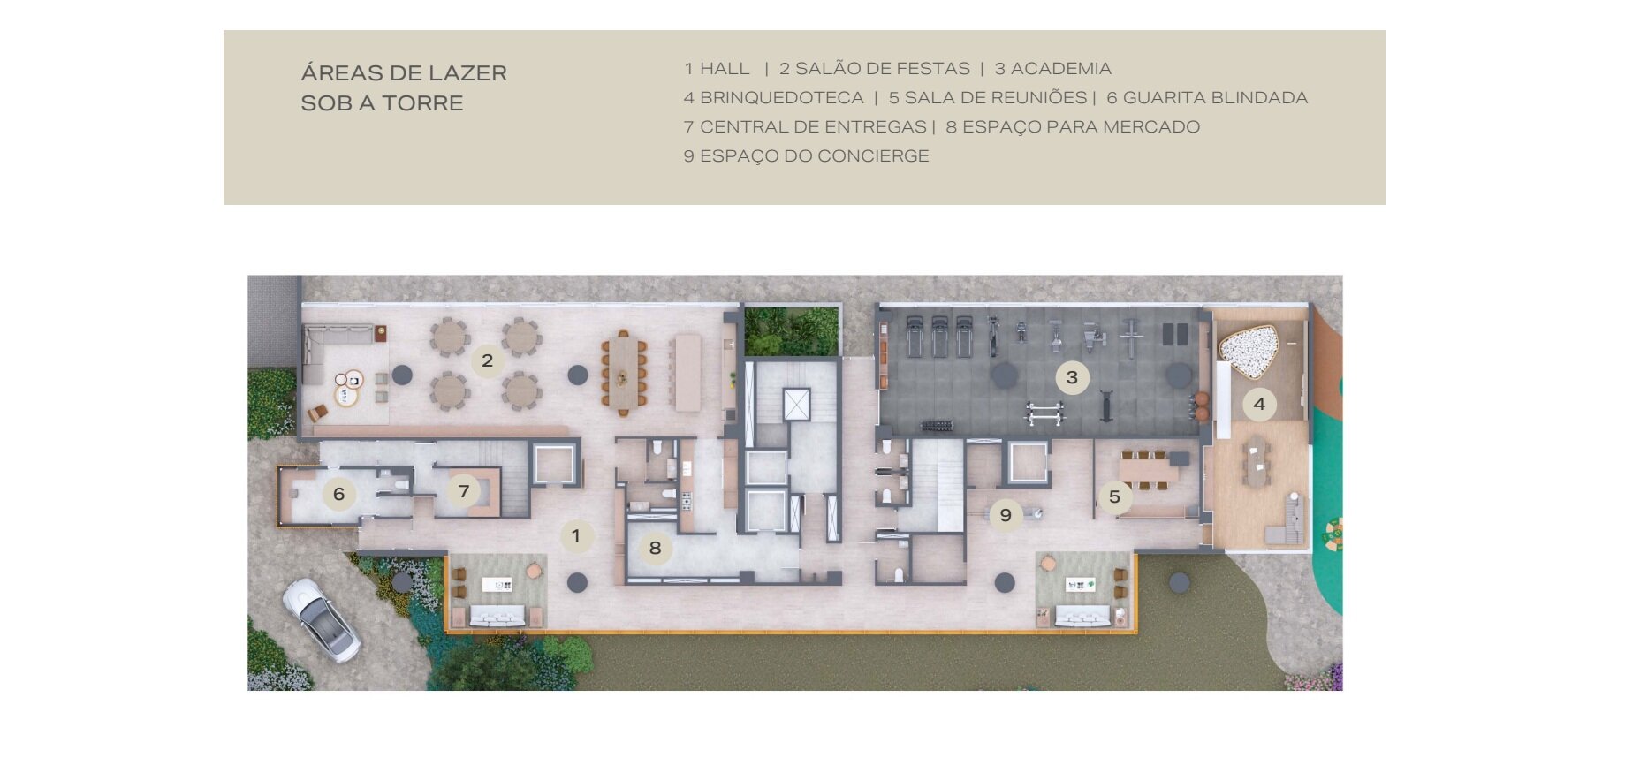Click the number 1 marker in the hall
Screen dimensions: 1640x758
pyautogui.click(x=576, y=535)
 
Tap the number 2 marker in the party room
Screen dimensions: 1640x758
pyautogui.click(x=487, y=360)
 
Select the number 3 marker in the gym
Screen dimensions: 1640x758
pyautogui.click(x=1072, y=378)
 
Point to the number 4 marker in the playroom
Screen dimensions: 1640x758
pyautogui.click(x=1259, y=405)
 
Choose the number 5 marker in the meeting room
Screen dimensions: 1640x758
pyautogui.click(x=1114, y=497)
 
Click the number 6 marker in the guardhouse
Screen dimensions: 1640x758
pyautogui.click(x=338, y=494)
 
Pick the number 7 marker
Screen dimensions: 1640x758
pyautogui.click(x=463, y=492)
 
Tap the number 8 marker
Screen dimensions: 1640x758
pyautogui.click(x=655, y=548)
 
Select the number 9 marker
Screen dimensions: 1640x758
pyautogui.click(x=1006, y=514)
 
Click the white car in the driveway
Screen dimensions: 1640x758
pyautogui.click(x=321, y=620)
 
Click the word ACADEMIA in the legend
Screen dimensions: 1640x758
pyautogui.click(x=1061, y=69)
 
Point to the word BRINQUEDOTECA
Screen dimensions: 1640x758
pyautogui.click(x=782, y=98)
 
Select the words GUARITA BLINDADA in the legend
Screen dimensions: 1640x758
pyautogui.click(x=1216, y=98)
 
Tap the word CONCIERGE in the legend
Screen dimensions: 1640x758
pyautogui.click(x=873, y=156)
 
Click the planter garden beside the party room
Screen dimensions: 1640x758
pyautogui.click(x=792, y=331)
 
